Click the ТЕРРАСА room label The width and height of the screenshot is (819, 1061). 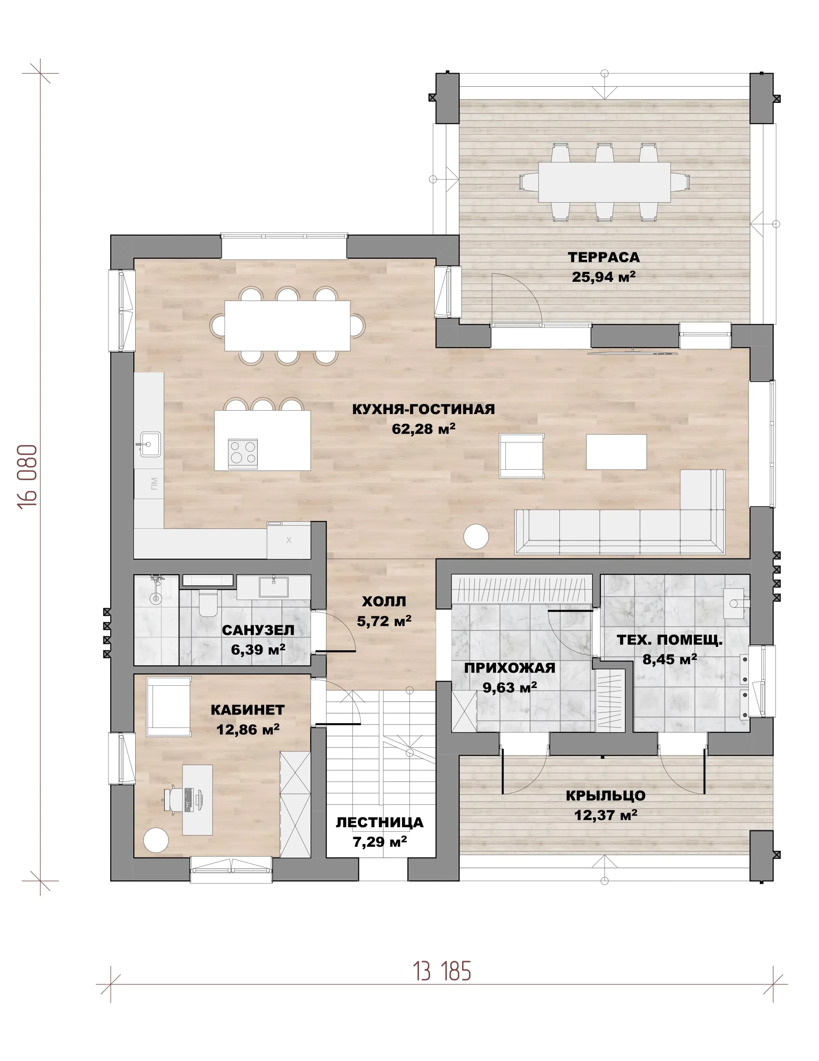[x=603, y=257]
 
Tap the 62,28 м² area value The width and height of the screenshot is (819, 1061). [x=423, y=429]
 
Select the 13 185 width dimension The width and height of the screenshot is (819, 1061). [x=442, y=971]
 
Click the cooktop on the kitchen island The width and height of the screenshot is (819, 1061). [x=243, y=453]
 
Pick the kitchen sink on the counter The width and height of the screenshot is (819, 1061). [x=150, y=444]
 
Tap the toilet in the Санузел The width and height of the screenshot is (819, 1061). [x=208, y=604]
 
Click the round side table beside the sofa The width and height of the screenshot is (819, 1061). [x=476, y=537]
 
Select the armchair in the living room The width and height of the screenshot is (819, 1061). [x=522, y=455]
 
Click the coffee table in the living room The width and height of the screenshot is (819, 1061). [x=616, y=452]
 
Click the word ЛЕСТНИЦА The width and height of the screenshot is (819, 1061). [x=379, y=822]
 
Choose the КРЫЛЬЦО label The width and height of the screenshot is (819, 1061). [x=605, y=796]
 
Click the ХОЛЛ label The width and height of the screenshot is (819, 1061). [x=384, y=601]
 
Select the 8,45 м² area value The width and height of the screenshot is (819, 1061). [x=669, y=659]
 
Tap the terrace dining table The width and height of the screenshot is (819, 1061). [x=604, y=182]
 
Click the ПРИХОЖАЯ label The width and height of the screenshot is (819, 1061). [x=509, y=668]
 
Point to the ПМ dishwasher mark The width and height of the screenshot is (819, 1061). [x=154, y=483]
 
